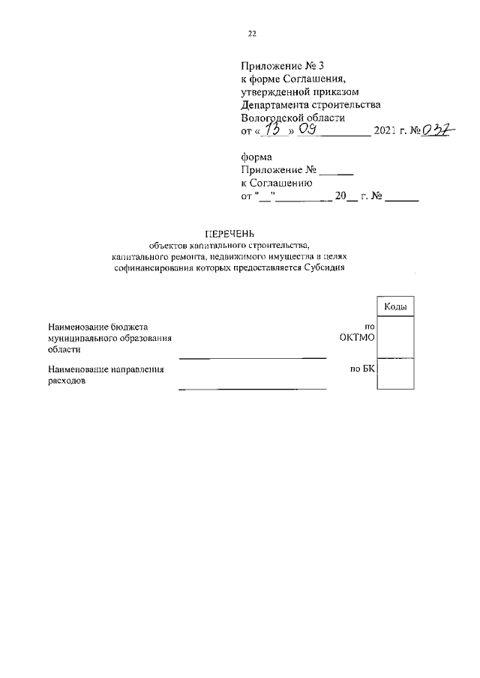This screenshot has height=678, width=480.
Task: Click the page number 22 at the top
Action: coord(252,34)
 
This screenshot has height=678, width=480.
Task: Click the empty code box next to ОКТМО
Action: coord(394,336)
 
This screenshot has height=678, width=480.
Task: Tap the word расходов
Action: coord(66,381)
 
